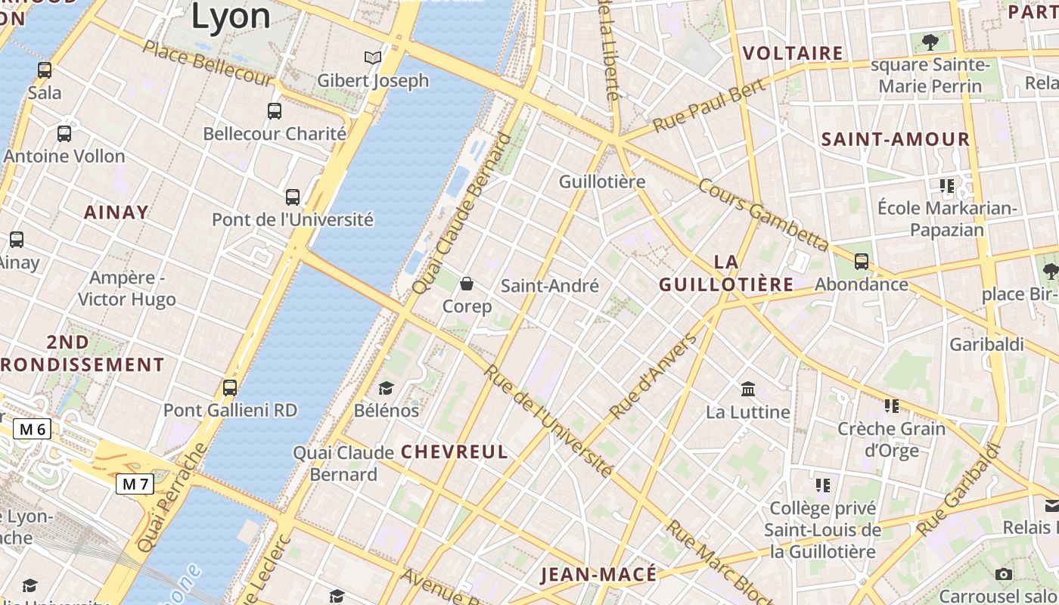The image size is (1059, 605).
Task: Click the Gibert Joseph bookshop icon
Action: [372, 57]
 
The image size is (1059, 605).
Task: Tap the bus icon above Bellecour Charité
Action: [275, 111]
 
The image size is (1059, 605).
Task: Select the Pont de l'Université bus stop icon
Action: [293, 197]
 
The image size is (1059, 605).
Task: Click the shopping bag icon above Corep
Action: [467, 284]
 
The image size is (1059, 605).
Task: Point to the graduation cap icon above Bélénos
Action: [387, 388]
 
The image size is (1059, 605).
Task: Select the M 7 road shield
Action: [135, 483]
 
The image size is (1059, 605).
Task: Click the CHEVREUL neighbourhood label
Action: [454, 452]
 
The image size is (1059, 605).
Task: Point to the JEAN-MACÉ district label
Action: [598, 575]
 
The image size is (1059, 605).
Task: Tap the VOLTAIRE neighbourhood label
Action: [793, 53]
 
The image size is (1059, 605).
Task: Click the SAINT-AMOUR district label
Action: [896, 139]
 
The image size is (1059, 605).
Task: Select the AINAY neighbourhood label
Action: [116, 213]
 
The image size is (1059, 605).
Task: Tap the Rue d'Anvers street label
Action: [654, 377]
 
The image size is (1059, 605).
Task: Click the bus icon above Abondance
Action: [861, 262]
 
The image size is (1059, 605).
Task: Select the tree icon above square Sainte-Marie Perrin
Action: [930, 42]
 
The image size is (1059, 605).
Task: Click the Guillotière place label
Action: [602, 181]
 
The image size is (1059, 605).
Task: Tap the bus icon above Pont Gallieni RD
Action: [230, 388]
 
